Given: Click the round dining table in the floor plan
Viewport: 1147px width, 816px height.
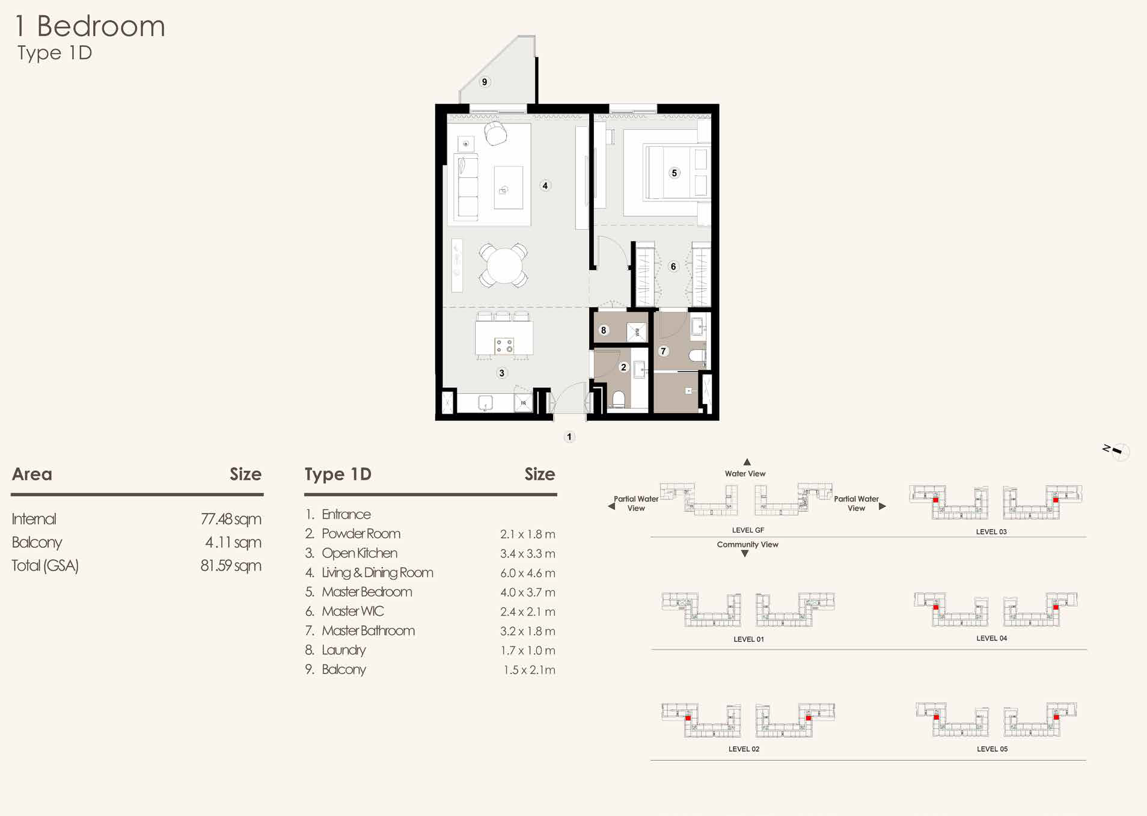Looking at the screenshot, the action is coord(504,266).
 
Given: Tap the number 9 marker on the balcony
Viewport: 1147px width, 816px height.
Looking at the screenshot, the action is coord(485,82).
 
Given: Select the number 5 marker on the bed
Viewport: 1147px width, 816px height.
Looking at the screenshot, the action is coord(674,173).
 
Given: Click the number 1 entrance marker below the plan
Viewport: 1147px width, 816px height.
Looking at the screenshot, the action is coord(569,437).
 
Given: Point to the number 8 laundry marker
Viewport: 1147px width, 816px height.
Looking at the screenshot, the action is coord(604,330).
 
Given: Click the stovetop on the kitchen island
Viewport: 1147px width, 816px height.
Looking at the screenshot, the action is coord(504,346).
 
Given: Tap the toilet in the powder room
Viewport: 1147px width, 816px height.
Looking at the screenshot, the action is coord(619,399).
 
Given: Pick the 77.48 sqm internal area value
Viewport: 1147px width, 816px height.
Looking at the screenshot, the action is coord(231,519).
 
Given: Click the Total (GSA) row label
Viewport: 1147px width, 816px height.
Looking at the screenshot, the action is coord(45,565).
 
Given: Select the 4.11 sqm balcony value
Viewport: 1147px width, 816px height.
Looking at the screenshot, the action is coord(233,542).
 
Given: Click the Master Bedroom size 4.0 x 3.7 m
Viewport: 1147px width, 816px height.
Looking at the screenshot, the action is coord(527,592).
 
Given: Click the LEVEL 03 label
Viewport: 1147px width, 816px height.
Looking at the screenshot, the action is coord(991,532).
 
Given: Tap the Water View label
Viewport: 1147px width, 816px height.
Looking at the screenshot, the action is coord(745,474).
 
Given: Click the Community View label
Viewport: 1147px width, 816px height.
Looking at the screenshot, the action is coord(747,545).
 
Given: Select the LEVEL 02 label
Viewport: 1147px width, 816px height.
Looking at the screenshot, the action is coord(744,749).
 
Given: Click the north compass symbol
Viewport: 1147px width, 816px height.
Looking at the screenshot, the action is coord(1117,451).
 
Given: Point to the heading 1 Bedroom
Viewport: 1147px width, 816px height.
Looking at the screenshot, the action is coord(90,26).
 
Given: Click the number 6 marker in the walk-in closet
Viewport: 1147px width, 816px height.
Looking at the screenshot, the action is coord(673,266).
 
